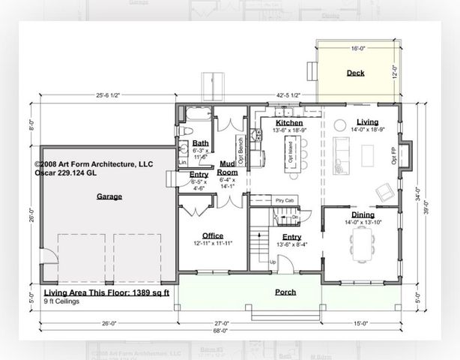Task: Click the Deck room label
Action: (355, 73)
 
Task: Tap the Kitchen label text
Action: (288, 122)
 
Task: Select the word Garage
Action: (109, 196)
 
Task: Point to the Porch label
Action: (285, 292)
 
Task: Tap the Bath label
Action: (200, 142)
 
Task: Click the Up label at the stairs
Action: (272, 262)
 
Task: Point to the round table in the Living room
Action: (339, 124)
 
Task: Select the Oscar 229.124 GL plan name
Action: (66, 172)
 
